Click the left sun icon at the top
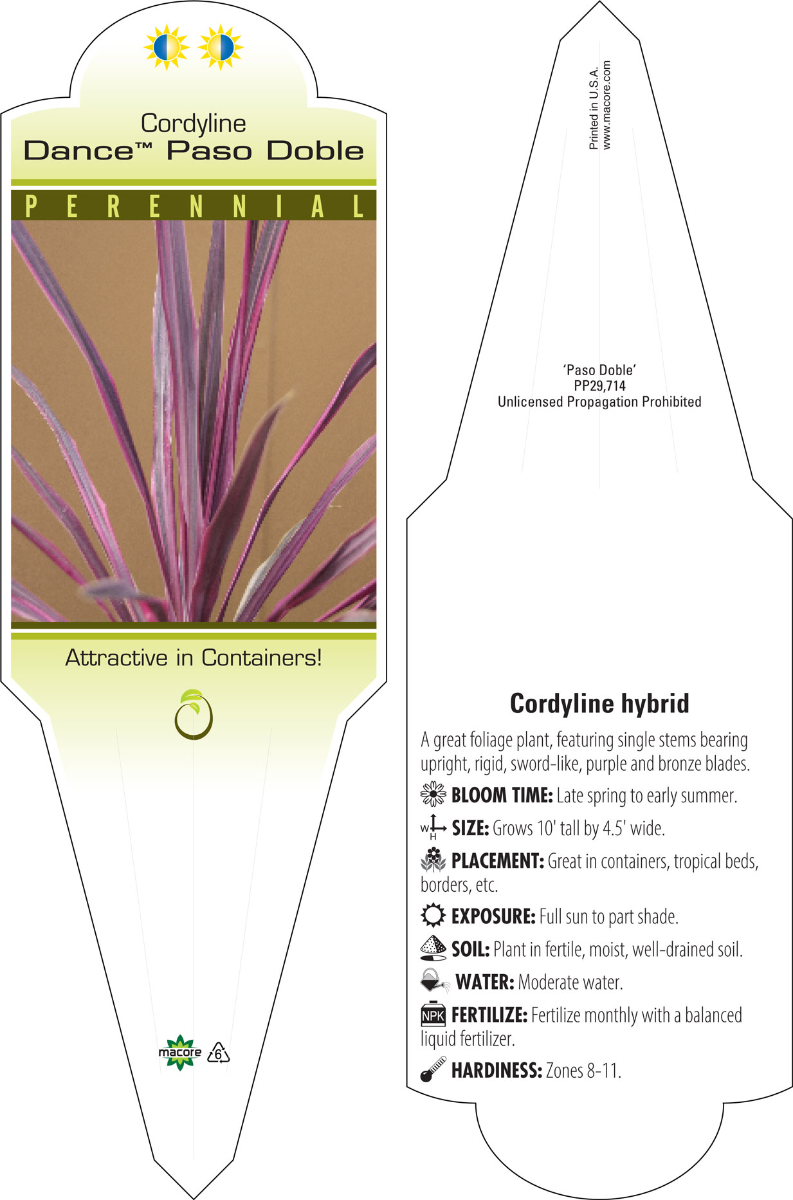[167, 47]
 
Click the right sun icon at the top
[221, 47]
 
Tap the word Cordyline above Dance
[194, 124]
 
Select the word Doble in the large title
[315, 151]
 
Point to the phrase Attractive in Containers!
[194, 658]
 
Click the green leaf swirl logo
[193, 714]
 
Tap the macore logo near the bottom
[180, 1053]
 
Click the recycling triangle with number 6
[219, 1053]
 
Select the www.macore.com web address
[607, 106]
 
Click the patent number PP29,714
[599, 386]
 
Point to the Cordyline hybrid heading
[599, 703]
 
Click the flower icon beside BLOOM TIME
[433, 795]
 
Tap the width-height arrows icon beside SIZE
[433, 827]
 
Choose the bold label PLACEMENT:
[498, 861]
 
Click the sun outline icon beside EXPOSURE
[433, 915]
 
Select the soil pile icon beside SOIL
[433, 948]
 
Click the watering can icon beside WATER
[435, 981]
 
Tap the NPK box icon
[433, 1014]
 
